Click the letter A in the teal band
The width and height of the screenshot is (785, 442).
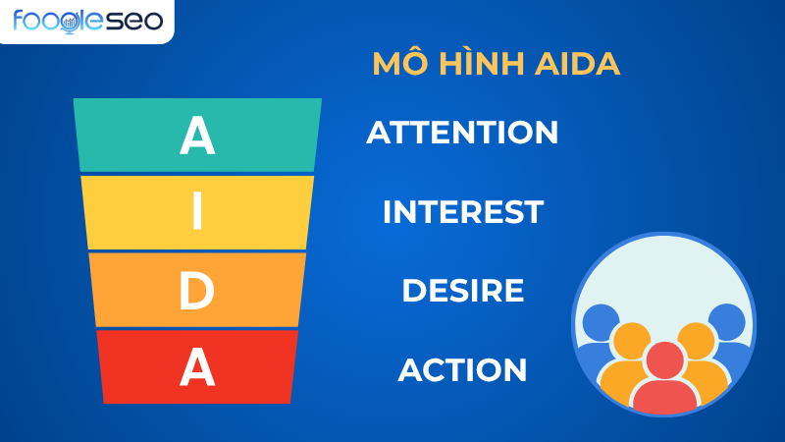[x=197, y=137]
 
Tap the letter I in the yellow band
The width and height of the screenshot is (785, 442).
[x=197, y=212]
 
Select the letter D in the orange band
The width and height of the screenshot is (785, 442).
[x=197, y=291]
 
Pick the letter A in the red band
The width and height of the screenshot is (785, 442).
[x=197, y=367]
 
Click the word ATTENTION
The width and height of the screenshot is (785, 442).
[x=462, y=133]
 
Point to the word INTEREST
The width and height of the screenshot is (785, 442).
[x=462, y=211]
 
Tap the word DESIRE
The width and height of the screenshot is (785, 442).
[x=462, y=291]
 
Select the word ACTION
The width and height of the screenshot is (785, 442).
[x=462, y=370]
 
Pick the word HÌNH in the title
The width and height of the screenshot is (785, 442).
[x=477, y=64]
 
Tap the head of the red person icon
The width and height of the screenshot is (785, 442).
[x=664, y=360]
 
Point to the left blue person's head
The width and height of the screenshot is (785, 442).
[x=601, y=322]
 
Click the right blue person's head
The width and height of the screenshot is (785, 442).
[x=727, y=322]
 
